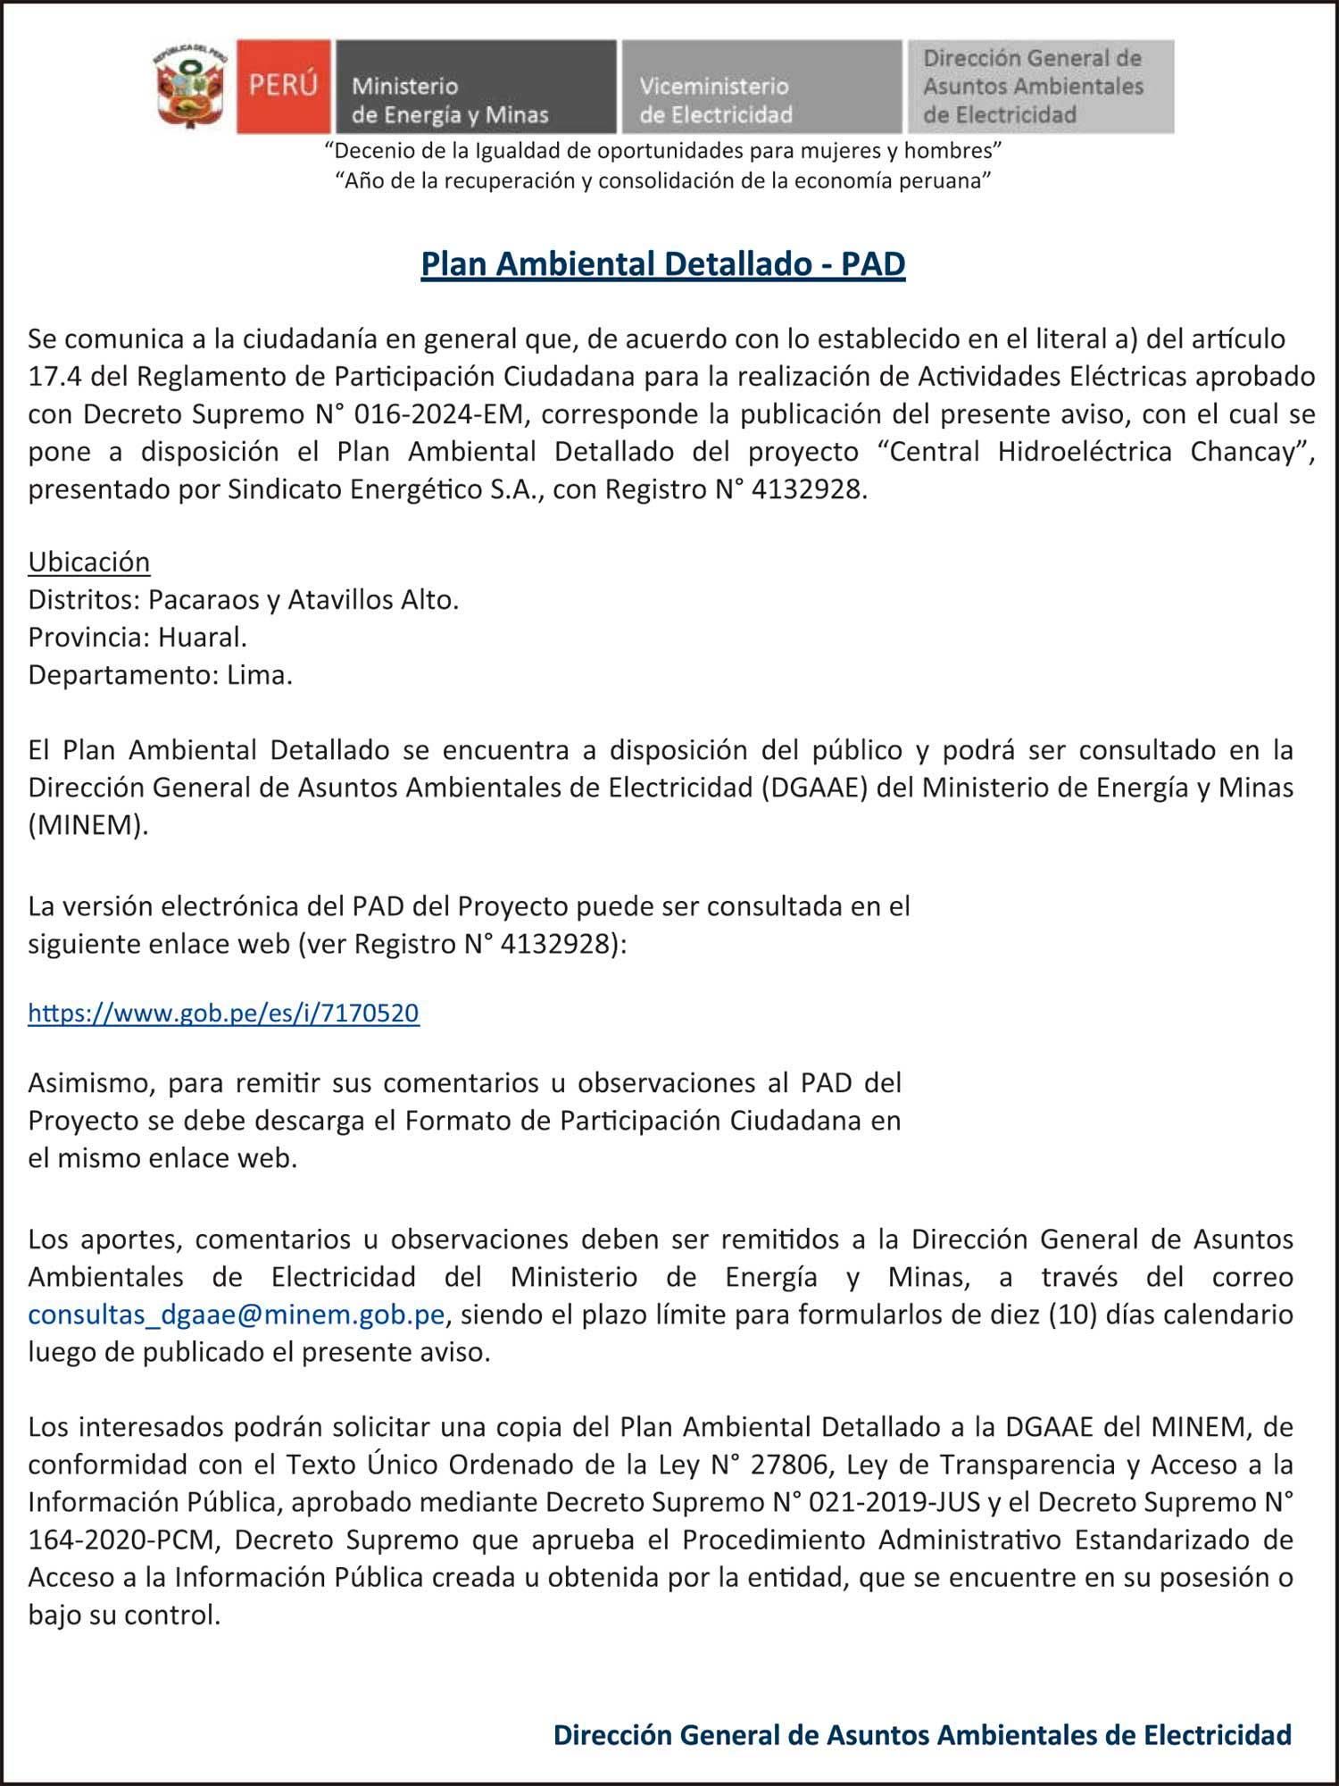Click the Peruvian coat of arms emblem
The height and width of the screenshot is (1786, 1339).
[x=190, y=86]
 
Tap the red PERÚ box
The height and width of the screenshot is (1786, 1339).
[x=283, y=86]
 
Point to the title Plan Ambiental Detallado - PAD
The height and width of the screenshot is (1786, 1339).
[x=663, y=264]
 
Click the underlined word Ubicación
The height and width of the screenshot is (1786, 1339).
[x=89, y=562]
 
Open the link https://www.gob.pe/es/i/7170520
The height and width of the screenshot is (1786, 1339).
[x=223, y=1013]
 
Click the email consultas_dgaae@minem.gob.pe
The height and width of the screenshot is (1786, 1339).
[x=236, y=1314]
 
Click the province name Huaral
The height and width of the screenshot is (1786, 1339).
[x=202, y=638]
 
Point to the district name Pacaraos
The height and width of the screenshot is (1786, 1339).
[x=203, y=600]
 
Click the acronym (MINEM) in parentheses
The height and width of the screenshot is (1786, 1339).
[x=88, y=825]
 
